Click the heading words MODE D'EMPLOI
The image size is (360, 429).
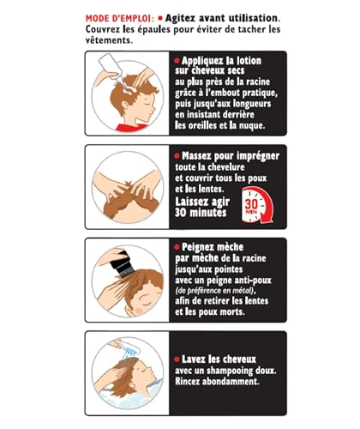click(x=121, y=17)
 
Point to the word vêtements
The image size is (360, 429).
click(x=106, y=39)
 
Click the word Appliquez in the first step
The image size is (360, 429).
click(x=206, y=63)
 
